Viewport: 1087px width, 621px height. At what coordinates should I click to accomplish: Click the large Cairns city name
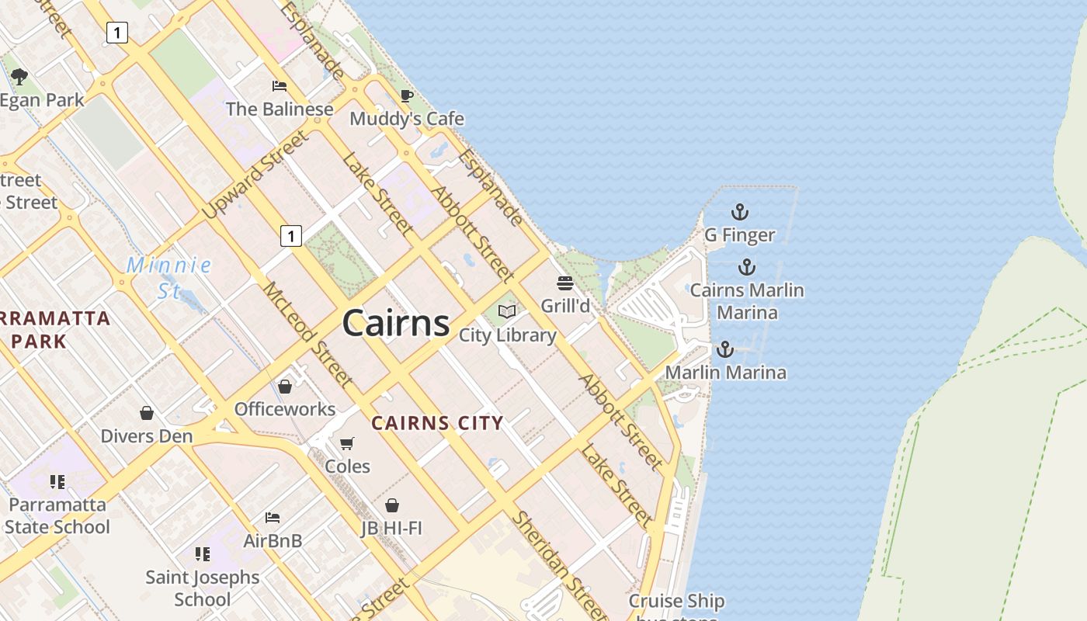point(395,322)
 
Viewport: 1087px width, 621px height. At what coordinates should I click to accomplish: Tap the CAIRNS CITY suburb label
point(437,423)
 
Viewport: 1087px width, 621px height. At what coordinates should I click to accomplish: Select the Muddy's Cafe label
point(407,119)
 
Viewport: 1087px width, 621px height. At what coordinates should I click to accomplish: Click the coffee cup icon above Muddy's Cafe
point(406,95)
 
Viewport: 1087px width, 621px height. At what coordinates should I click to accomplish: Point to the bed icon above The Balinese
point(280,85)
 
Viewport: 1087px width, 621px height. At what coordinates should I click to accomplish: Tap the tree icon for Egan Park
point(19,77)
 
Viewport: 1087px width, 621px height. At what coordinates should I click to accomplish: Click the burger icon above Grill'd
point(565,283)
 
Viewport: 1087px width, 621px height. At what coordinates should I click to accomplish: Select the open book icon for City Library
point(507,312)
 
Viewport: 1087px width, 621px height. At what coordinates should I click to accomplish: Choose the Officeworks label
point(285,409)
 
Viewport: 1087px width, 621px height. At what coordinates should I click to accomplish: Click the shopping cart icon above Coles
point(347,443)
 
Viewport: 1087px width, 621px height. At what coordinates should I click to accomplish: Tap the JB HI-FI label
point(391,529)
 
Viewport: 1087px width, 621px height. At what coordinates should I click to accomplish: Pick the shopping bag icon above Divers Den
point(147,413)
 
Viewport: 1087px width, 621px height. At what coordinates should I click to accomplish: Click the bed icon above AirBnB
point(273,517)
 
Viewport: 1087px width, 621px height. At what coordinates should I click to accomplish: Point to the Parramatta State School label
point(57,515)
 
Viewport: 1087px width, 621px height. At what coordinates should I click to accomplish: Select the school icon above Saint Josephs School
point(203,554)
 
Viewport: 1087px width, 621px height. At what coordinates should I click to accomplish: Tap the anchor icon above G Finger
point(740,211)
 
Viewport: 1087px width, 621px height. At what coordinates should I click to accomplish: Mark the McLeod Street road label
point(307,335)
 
